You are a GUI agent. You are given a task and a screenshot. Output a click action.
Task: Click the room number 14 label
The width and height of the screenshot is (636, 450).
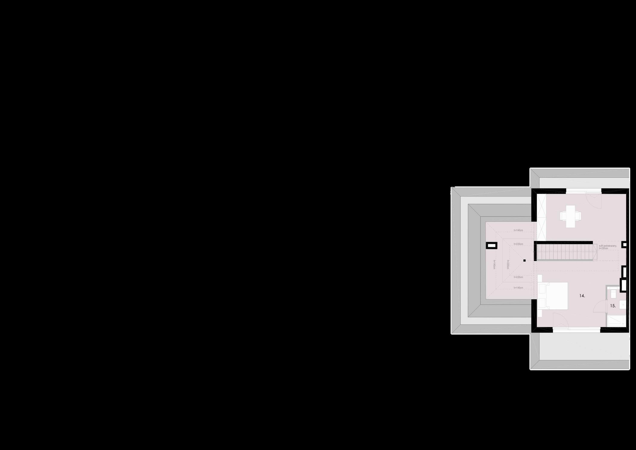tap(582, 296)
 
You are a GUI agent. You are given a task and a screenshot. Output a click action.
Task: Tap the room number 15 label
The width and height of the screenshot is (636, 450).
tap(613, 306)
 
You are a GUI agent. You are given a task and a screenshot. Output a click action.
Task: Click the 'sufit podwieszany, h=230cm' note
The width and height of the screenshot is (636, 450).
tap(607, 247)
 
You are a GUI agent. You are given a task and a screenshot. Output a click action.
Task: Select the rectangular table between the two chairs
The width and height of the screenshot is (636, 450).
tap(570, 216)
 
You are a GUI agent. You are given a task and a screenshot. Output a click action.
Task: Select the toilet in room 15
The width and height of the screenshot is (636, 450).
tap(611, 293)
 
